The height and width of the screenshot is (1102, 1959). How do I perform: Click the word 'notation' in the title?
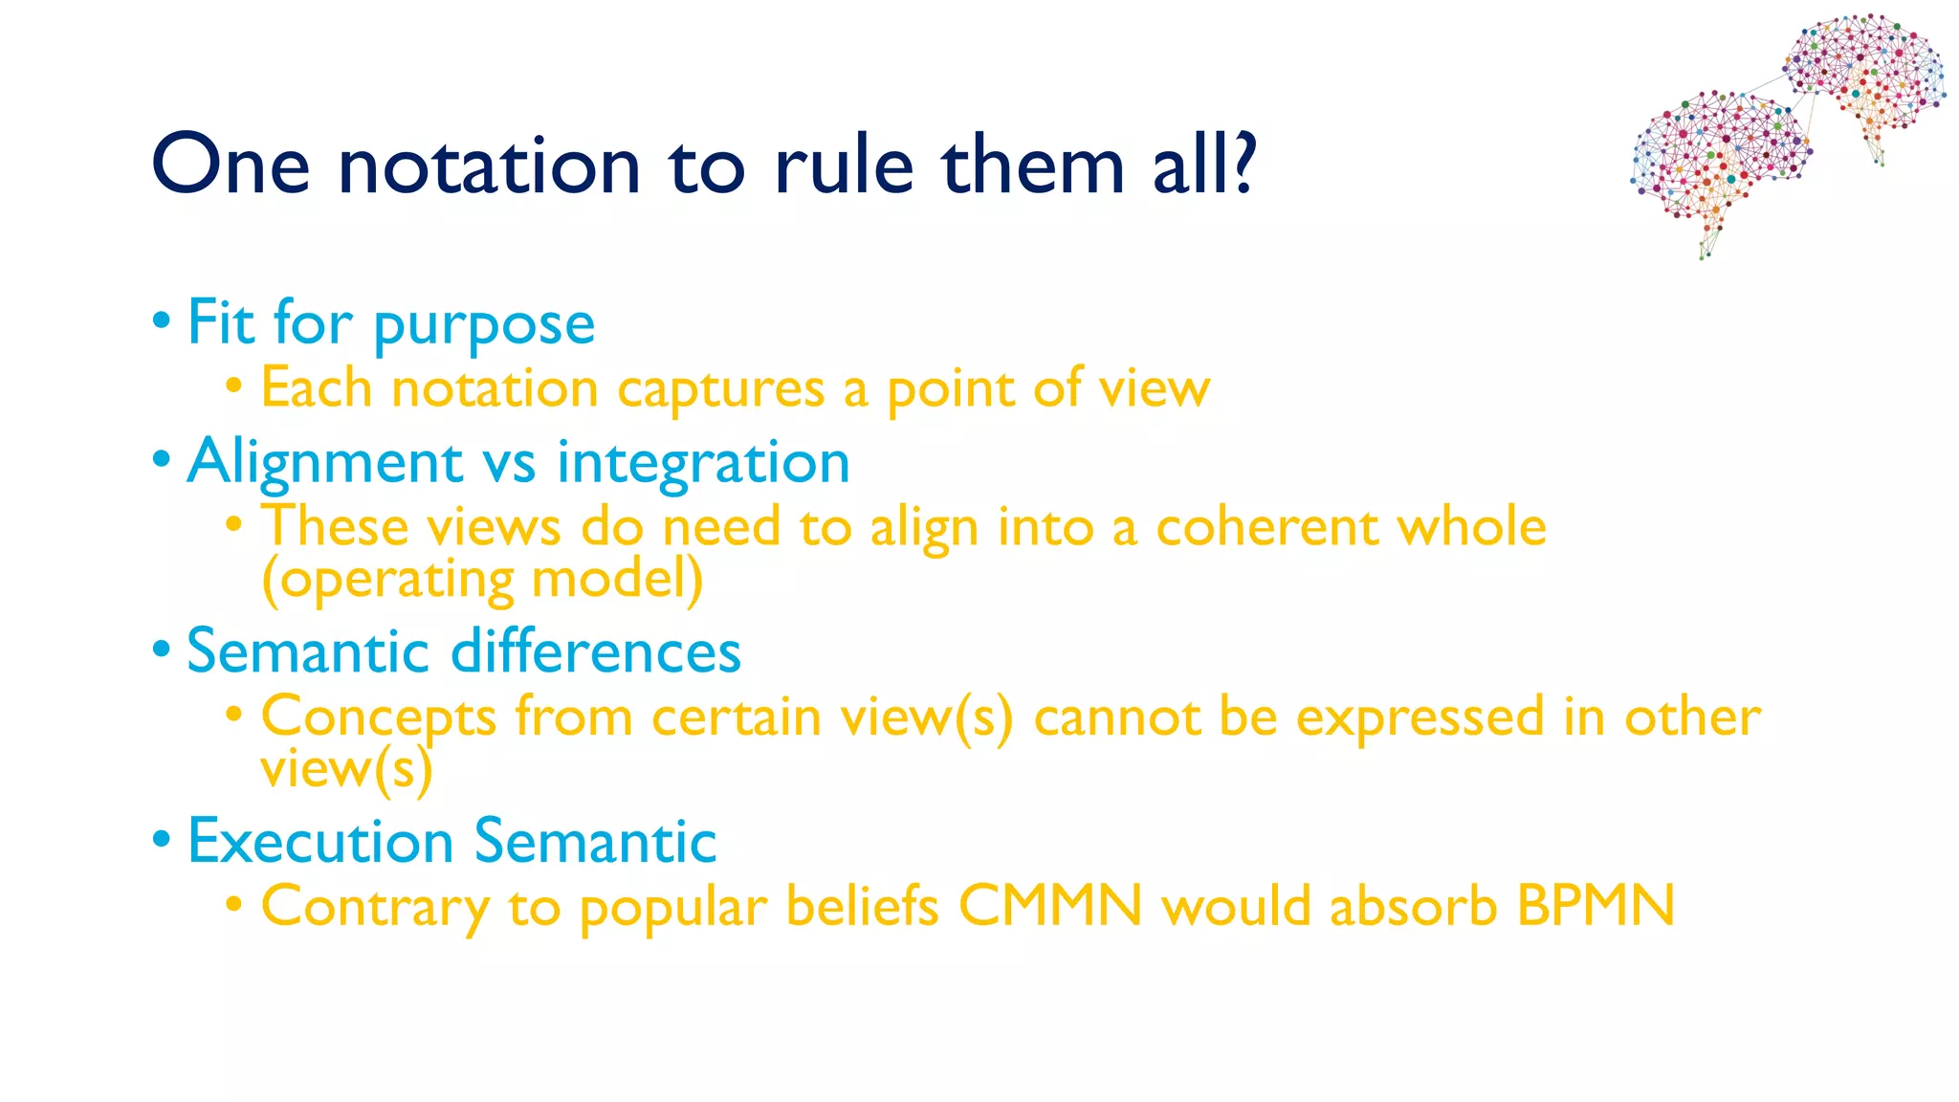pos(489,165)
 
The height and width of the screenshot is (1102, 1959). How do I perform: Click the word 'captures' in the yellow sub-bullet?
pos(720,390)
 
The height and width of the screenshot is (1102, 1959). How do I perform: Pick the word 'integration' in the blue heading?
pos(703,463)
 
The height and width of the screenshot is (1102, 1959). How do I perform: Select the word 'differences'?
pos(595,652)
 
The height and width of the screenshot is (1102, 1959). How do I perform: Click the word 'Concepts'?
pos(379,717)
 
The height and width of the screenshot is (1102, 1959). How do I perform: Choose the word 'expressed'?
pos(1420,717)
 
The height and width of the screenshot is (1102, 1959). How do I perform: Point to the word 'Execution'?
pos(320,842)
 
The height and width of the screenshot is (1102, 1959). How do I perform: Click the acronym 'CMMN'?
pos(1049,905)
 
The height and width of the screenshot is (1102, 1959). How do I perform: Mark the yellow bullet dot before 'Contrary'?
pos(234,903)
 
